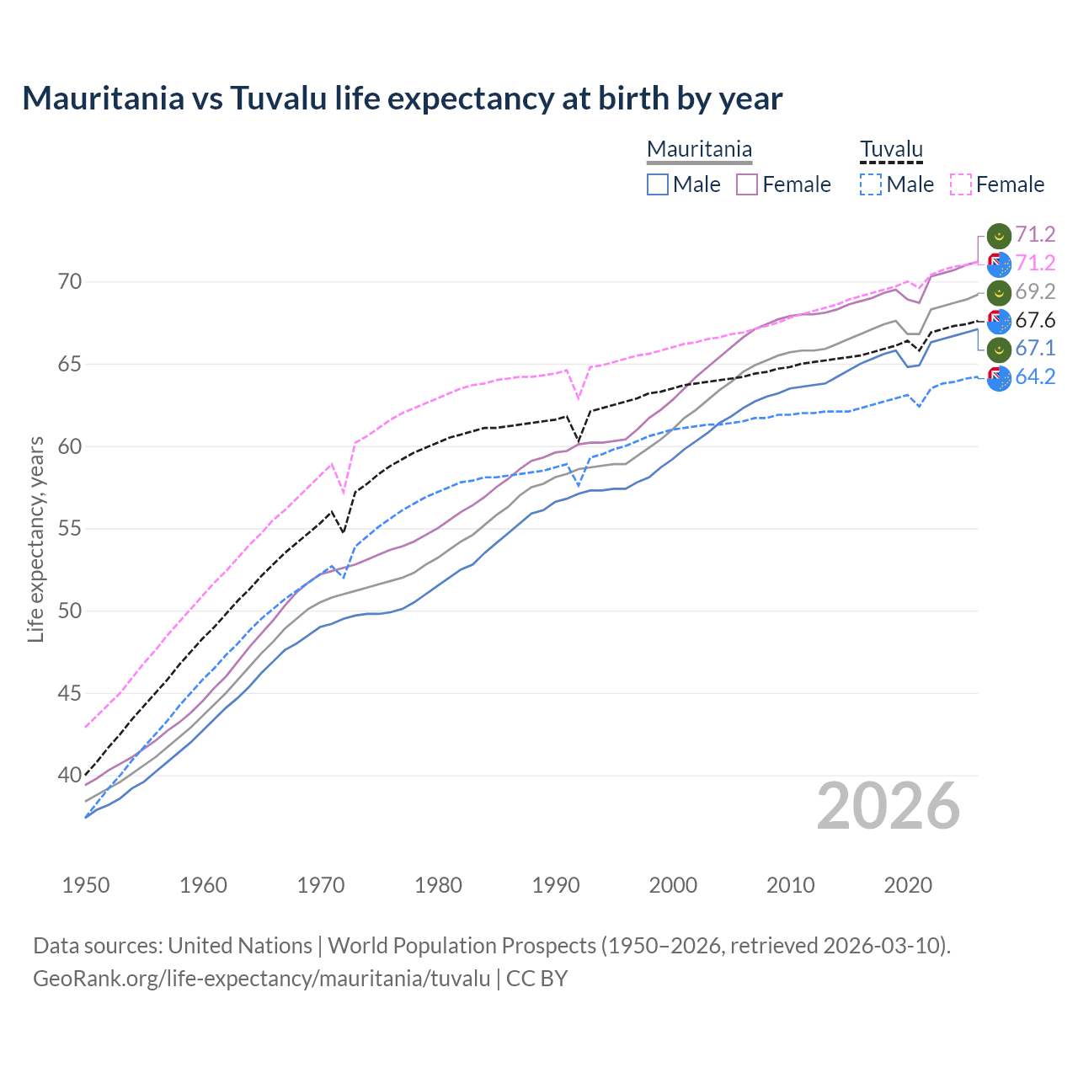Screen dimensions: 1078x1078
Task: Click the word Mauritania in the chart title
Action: pyautogui.click(x=104, y=98)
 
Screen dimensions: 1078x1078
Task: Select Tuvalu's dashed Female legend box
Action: pyautogui.click(x=961, y=184)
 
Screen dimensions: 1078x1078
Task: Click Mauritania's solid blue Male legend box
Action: pyautogui.click(x=658, y=184)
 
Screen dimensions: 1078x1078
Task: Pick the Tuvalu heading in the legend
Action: pyautogui.click(x=891, y=150)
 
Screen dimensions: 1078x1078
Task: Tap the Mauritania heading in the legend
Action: pyautogui.click(x=699, y=150)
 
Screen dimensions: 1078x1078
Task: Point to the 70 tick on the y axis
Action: pyautogui.click(x=70, y=281)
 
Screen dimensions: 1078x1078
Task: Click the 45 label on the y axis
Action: pyautogui.click(x=70, y=693)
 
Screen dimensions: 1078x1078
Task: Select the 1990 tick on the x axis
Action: pyautogui.click(x=556, y=885)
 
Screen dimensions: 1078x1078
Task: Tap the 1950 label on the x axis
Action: pyautogui.click(x=86, y=885)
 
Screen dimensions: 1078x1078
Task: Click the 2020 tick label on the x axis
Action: pyautogui.click(x=908, y=885)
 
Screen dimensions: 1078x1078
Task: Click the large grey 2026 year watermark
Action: pyautogui.click(x=888, y=806)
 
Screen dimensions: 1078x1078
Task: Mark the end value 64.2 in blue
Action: pyautogui.click(x=1035, y=376)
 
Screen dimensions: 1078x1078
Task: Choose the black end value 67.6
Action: pyautogui.click(x=1035, y=320)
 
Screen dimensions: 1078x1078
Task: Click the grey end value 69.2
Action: pyautogui.click(x=1035, y=291)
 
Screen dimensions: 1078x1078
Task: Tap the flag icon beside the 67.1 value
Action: pyautogui.click(x=999, y=349)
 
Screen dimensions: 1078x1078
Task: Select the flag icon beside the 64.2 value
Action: pyautogui.click(x=999, y=378)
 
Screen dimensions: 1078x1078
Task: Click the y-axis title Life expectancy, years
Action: pyautogui.click(x=35, y=539)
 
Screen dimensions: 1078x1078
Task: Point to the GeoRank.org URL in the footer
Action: pyautogui.click(x=261, y=978)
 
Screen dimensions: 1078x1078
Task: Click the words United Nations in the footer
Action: pyautogui.click(x=240, y=945)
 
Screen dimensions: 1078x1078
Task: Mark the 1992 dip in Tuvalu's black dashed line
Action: pyautogui.click(x=579, y=441)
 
